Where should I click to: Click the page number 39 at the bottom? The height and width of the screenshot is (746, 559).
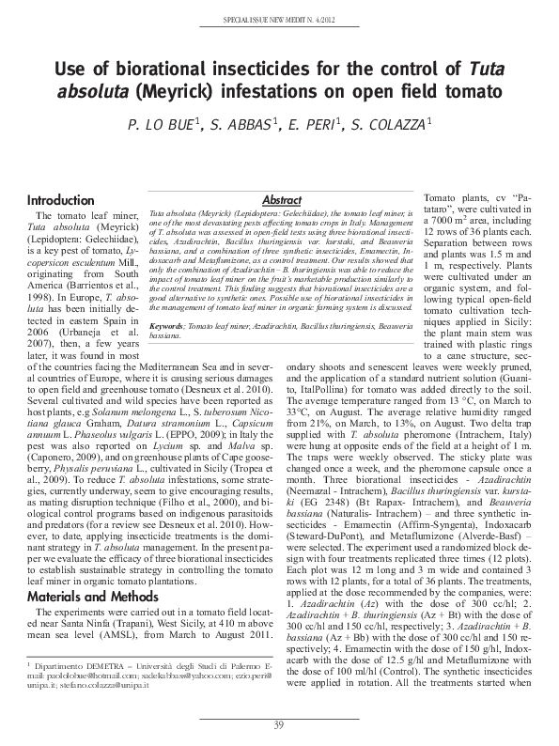279,723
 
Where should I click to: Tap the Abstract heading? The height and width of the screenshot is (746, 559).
281,200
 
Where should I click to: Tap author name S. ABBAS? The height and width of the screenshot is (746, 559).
241,125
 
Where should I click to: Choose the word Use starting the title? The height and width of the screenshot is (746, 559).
68,69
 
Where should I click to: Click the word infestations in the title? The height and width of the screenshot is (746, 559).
274,93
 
